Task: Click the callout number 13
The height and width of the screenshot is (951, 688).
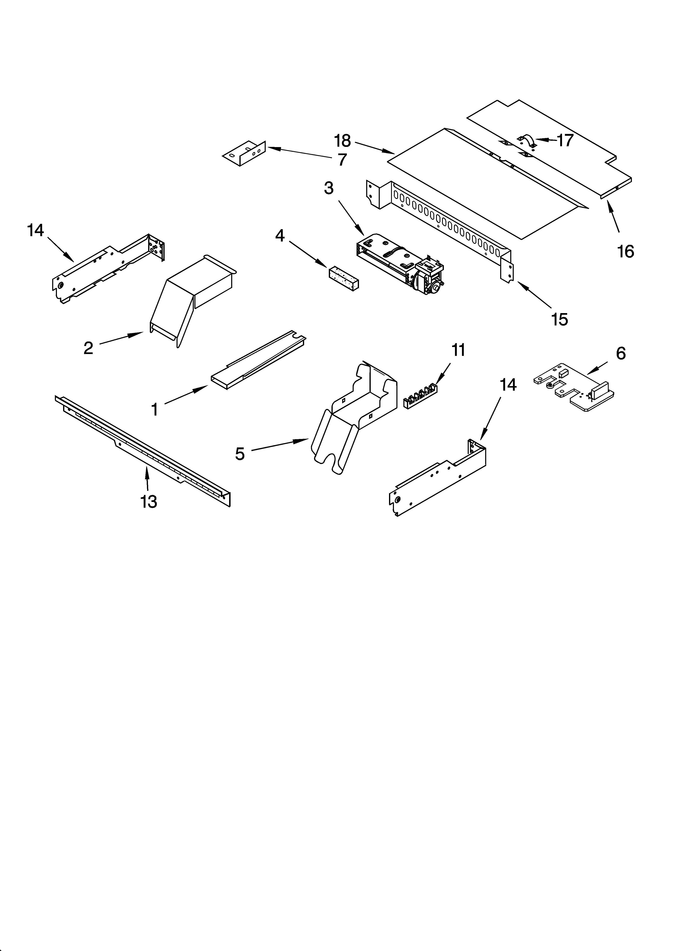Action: (x=149, y=502)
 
